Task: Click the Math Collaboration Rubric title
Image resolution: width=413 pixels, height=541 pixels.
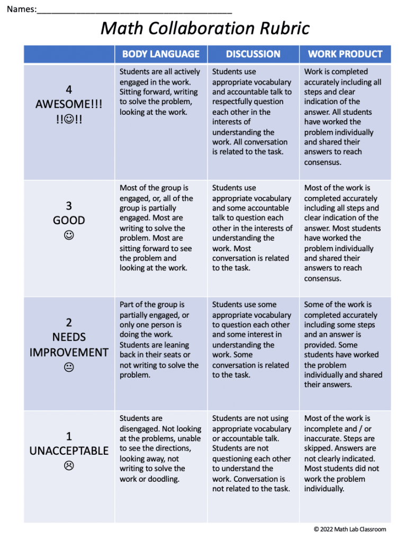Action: click(205, 28)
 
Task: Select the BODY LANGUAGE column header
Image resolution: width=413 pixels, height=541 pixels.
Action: click(160, 54)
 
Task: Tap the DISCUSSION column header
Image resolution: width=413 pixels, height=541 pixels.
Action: click(253, 54)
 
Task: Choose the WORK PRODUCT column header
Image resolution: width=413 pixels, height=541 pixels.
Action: click(345, 54)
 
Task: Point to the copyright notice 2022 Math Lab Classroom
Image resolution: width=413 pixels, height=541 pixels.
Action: click(350, 529)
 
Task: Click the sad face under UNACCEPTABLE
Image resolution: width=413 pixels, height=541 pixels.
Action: click(69, 466)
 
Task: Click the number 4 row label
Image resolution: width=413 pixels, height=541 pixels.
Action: click(69, 89)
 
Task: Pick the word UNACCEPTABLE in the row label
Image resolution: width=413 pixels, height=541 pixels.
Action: click(69, 451)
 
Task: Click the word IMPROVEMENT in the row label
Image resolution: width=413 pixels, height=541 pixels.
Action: click(69, 352)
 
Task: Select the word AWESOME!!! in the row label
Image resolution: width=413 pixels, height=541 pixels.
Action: click(69, 104)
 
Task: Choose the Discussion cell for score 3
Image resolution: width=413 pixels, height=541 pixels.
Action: click(253, 228)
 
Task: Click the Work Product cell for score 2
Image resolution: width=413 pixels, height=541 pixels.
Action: click(345, 344)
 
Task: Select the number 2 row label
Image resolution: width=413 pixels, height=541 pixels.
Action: click(69, 323)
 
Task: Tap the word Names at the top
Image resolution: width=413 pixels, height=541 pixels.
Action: click(20, 10)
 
